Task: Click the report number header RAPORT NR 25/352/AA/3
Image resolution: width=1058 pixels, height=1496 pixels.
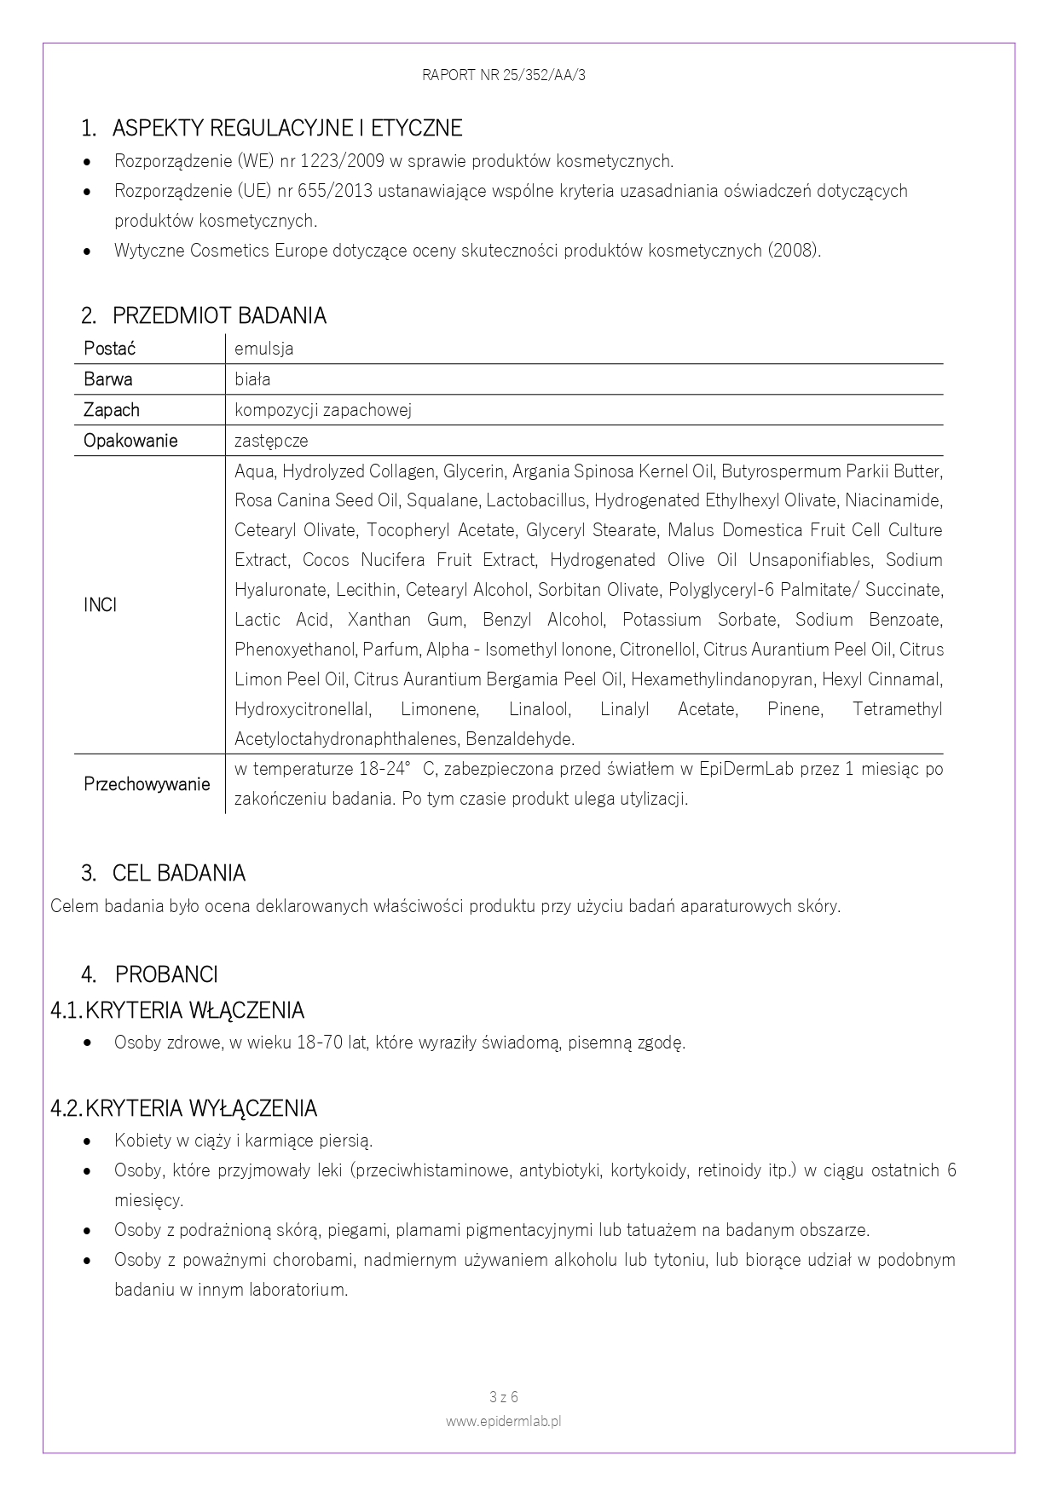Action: [x=503, y=75]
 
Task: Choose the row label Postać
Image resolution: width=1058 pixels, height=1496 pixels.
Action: [x=109, y=349]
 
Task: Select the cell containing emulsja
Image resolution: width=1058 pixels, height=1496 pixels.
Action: [x=264, y=349]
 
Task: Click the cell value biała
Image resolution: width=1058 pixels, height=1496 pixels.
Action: [x=252, y=379]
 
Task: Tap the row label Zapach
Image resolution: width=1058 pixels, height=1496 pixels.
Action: [x=111, y=410]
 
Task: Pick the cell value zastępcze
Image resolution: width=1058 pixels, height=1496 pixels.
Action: [x=271, y=441]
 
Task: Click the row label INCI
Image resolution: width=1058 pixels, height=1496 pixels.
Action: [x=100, y=605]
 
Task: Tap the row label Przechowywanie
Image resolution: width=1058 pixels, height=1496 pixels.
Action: [x=147, y=784]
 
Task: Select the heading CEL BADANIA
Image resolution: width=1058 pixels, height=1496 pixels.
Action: [x=178, y=874]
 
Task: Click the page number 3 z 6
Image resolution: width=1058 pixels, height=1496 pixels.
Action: [x=504, y=1397]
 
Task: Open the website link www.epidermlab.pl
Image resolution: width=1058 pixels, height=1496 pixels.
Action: [x=503, y=1422]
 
